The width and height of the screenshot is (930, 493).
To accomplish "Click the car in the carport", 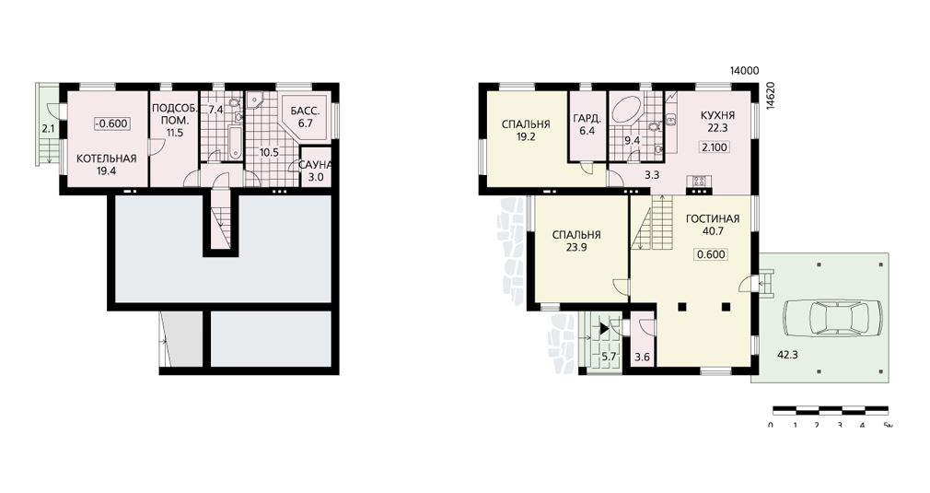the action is coord(832,319).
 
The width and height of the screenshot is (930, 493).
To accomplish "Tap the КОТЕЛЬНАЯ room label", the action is coord(107,158).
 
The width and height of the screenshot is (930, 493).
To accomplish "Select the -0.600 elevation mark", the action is coord(111,124).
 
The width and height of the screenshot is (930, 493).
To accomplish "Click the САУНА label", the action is coord(315,165).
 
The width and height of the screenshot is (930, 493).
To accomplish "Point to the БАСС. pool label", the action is coord(306,111).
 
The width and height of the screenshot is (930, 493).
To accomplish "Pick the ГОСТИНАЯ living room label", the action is coord(713,219).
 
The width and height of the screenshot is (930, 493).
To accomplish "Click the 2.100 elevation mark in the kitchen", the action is coord(715,147).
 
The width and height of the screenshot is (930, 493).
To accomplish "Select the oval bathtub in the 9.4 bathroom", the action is coord(626,112).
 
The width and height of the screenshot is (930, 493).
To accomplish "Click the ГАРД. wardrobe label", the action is coord(587,119).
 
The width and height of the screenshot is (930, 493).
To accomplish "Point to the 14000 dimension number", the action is coord(744,71).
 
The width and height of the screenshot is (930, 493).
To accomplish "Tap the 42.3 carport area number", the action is coord(788,356).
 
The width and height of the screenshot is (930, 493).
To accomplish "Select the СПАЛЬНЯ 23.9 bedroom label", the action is coord(576,241).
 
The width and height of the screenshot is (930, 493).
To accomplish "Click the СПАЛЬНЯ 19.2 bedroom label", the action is coord(526,130).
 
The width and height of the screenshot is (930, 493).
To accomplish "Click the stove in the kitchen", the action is coord(699,182).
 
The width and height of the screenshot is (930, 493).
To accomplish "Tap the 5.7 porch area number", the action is coord(610,358).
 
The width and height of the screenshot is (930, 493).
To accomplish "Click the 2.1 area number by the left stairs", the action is coord(48,127).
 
